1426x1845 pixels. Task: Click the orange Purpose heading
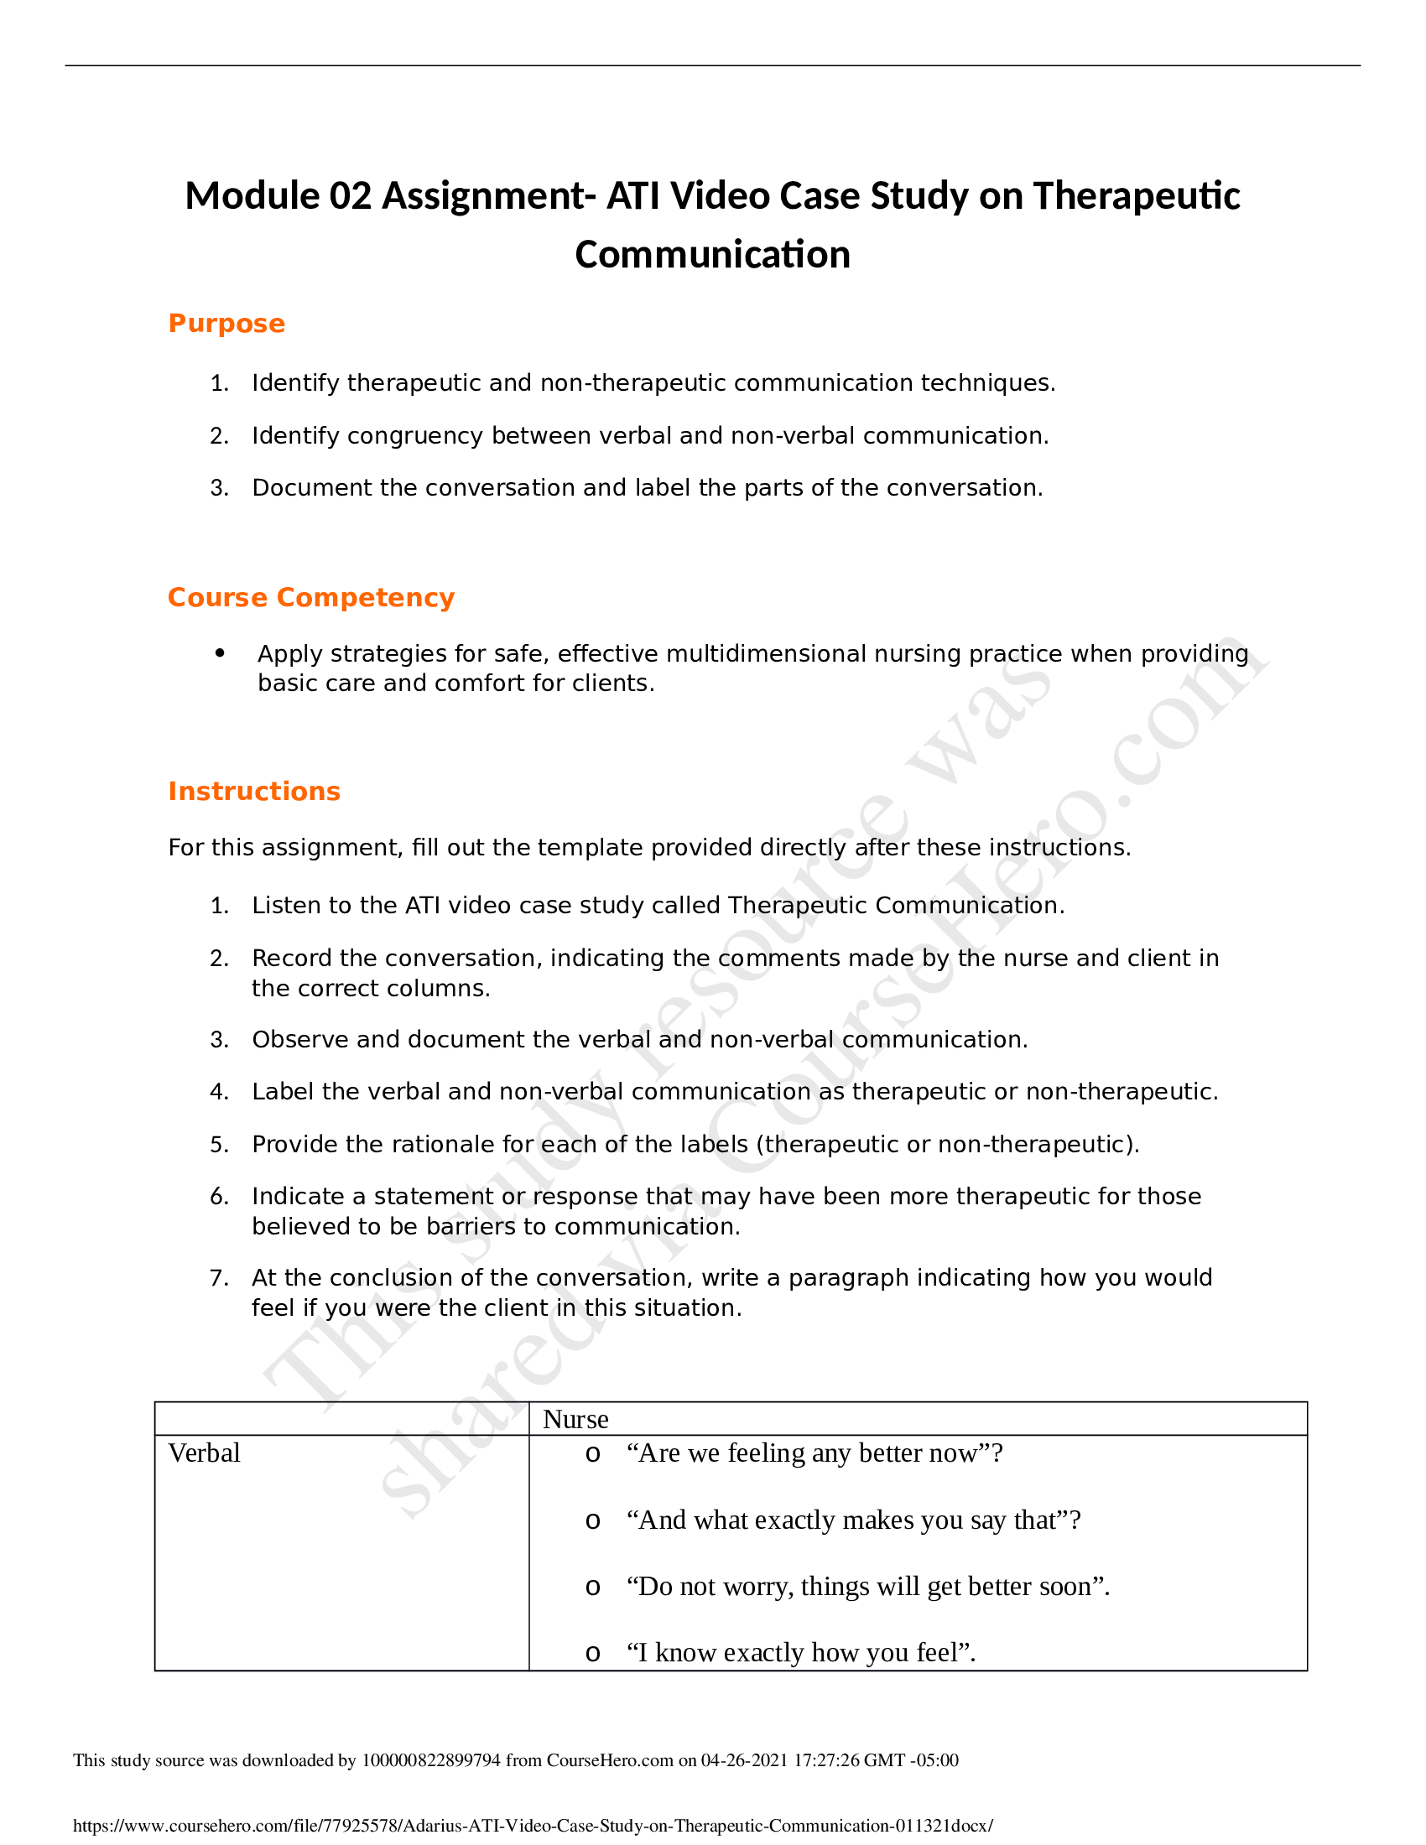point(226,324)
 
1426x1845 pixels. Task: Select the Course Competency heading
point(311,597)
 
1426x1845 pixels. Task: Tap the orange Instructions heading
point(253,791)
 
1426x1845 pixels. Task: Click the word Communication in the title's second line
point(712,254)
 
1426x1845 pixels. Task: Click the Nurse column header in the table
point(575,1419)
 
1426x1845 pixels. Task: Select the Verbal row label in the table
point(205,1453)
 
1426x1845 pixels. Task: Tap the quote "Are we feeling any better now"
point(814,1453)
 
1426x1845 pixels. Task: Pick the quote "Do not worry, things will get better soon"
point(867,1586)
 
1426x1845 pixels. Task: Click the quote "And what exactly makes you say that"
point(853,1520)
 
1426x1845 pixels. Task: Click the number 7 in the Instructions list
point(218,1277)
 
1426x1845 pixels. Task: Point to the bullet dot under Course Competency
point(221,652)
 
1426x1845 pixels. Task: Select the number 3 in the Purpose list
point(218,488)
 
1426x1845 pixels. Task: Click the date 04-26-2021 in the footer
point(744,1760)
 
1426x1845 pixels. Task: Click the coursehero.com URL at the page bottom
point(533,1826)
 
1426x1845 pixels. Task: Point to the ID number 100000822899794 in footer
point(431,1760)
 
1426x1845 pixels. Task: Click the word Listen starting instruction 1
point(285,906)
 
